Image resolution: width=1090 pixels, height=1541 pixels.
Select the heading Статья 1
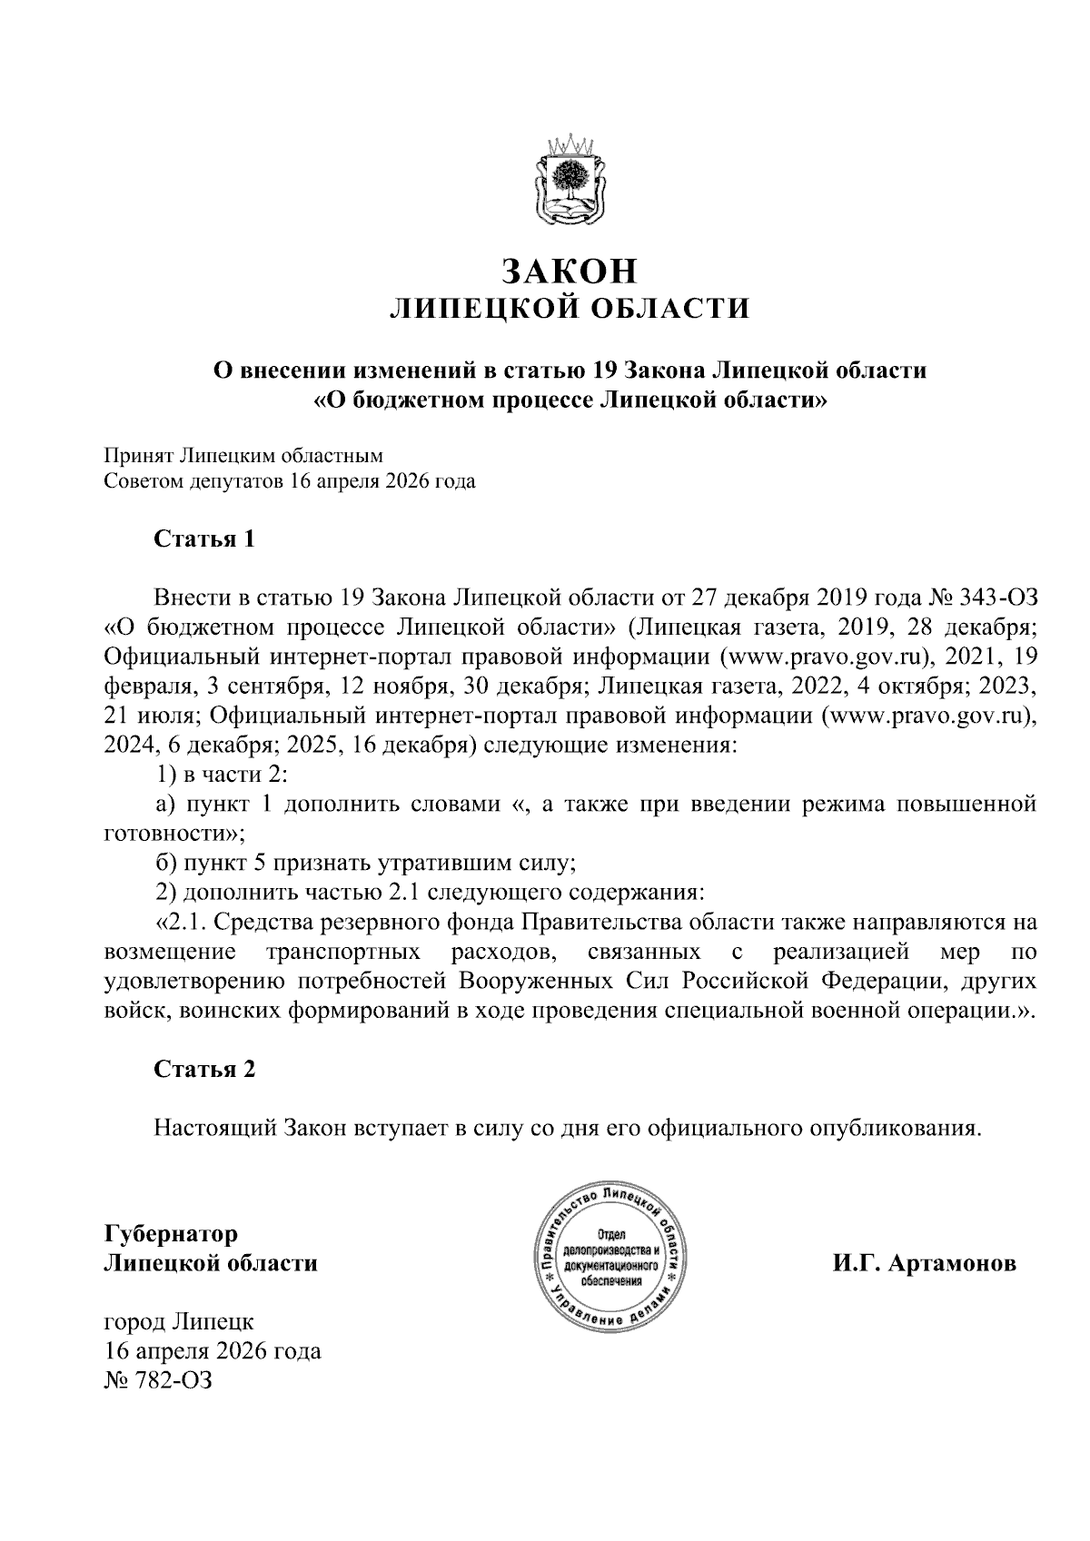(204, 538)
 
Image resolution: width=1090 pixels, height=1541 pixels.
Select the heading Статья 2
(204, 1069)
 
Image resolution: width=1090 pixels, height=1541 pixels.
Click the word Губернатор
(172, 1234)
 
